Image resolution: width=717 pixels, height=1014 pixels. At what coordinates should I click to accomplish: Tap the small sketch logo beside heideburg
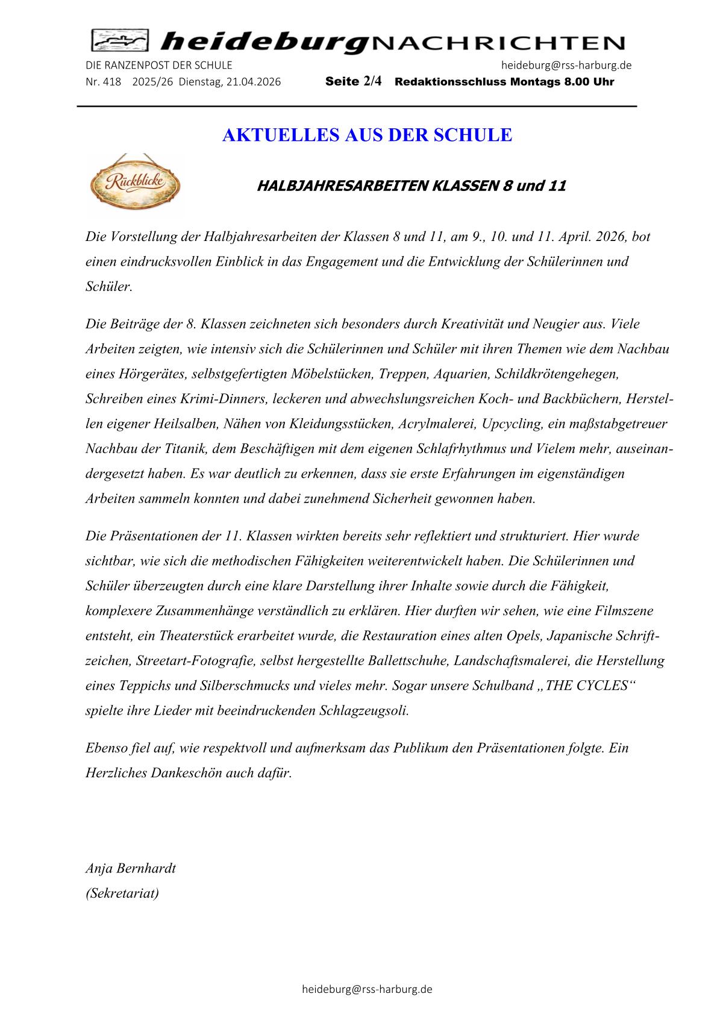click(120, 42)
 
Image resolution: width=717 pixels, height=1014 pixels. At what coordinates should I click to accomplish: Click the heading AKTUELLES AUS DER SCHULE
click(367, 135)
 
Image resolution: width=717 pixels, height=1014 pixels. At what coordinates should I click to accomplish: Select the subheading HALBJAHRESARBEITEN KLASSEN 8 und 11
click(412, 186)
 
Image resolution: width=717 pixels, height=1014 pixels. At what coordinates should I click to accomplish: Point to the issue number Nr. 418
click(104, 82)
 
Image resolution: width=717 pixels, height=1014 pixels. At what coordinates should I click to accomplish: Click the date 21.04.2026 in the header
click(252, 82)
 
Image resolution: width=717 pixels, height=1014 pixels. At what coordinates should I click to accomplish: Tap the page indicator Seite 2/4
click(353, 81)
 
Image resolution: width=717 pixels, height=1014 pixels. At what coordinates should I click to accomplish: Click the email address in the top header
click(566, 65)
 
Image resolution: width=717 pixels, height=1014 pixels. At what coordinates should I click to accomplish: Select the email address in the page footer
click(367, 989)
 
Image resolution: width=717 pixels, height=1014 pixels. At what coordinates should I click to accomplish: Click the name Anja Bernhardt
click(131, 868)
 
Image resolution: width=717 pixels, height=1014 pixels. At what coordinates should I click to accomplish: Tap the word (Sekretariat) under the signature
click(122, 893)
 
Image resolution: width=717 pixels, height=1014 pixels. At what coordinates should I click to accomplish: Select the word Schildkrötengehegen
click(557, 374)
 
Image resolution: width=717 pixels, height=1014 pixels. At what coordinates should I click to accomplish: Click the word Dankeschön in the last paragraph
click(186, 772)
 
